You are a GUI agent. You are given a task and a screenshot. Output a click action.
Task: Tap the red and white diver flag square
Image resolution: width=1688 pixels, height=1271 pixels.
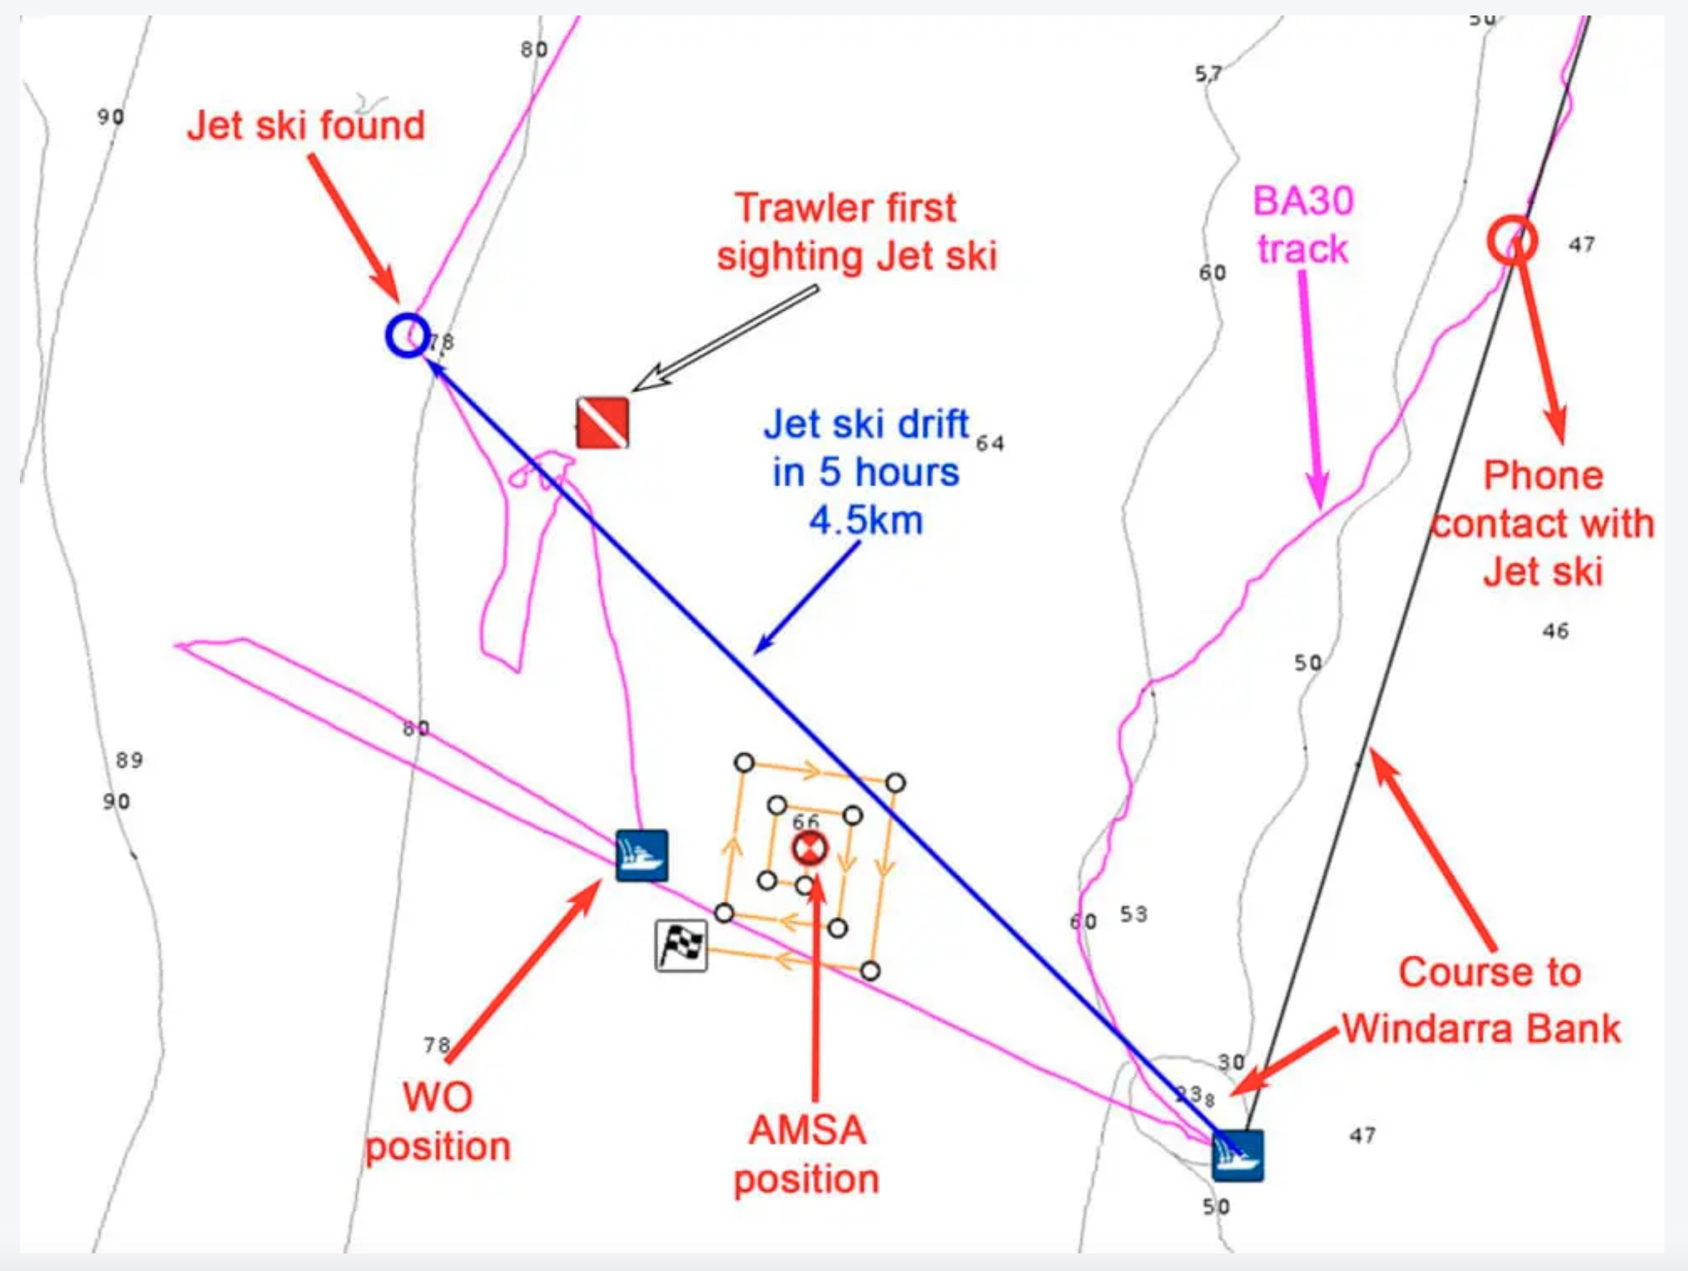(x=603, y=422)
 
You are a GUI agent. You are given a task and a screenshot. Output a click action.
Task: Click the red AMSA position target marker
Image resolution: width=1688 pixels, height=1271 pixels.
(x=809, y=848)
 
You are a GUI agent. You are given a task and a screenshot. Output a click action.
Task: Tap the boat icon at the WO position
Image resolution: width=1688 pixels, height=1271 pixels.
(x=642, y=856)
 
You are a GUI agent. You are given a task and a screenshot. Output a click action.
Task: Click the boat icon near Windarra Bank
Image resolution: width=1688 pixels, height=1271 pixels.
(x=1238, y=1155)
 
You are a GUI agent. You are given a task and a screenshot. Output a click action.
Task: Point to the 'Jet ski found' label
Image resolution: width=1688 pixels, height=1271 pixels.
(x=306, y=125)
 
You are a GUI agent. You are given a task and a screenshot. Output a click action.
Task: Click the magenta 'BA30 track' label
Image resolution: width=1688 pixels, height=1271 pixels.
(x=1303, y=225)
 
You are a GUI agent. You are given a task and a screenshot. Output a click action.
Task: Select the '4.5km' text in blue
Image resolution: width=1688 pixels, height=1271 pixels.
(x=866, y=521)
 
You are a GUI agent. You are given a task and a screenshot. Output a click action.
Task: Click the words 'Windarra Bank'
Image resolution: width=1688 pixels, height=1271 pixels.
(x=1481, y=1028)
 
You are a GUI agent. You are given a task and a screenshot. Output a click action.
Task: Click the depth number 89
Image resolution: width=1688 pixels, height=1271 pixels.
(x=130, y=760)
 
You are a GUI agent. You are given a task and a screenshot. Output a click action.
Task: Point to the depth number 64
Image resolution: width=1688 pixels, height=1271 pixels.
(x=990, y=443)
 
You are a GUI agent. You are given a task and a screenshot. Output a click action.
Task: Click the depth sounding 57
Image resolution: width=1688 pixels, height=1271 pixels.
(x=1208, y=74)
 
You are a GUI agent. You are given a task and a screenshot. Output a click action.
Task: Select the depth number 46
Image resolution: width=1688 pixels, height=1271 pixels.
(x=1556, y=631)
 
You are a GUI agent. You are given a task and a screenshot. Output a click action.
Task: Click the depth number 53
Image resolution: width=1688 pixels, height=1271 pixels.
(x=1134, y=913)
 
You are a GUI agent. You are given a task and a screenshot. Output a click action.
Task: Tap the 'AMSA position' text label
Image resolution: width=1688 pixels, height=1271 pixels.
(x=807, y=1154)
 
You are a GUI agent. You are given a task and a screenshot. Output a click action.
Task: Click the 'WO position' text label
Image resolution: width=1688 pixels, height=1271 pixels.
(x=438, y=1122)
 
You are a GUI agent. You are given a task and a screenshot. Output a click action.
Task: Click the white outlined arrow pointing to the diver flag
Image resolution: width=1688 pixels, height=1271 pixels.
(x=725, y=338)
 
